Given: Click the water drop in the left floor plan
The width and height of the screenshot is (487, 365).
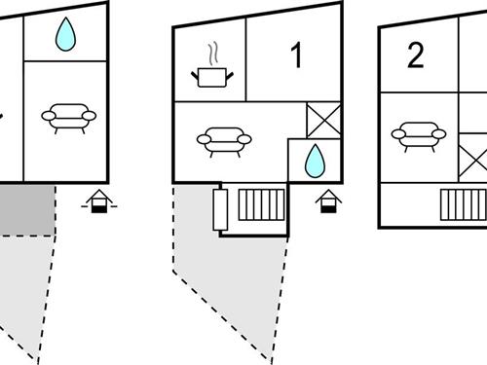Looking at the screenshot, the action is (x=65, y=34).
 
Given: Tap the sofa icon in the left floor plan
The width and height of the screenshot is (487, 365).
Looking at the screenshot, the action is (x=69, y=119).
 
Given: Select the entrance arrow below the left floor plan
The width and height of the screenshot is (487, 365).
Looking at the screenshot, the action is (x=99, y=201).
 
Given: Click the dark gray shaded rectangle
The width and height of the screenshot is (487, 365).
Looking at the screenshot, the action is (x=26, y=210).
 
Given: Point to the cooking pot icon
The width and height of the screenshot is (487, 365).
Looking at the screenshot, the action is (x=212, y=78).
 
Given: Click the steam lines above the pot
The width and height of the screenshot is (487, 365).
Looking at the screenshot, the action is (x=213, y=55).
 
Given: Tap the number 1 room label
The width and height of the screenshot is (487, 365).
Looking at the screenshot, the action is (x=296, y=55).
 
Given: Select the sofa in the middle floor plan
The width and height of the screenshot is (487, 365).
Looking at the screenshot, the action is (x=224, y=142).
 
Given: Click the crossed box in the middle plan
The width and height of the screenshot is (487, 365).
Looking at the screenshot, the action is (x=323, y=121).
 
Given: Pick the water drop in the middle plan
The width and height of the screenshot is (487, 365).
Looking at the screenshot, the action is (x=315, y=162).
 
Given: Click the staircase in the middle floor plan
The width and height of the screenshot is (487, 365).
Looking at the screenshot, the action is (x=261, y=205).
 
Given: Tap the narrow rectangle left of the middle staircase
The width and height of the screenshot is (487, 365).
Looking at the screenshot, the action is (x=220, y=210).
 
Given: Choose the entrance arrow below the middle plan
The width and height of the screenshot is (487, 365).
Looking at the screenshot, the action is (x=328, y=201).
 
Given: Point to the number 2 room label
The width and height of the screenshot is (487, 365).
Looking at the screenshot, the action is (x=416, y=55).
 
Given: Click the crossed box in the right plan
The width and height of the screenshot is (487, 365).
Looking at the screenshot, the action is (x=473, y=159).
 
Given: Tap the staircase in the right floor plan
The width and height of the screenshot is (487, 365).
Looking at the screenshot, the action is (x=464, y=205).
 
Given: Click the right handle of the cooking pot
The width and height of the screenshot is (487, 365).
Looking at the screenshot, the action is (x=230, y=77).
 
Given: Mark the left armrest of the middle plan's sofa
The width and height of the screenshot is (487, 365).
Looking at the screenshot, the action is (x=204, y=139).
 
